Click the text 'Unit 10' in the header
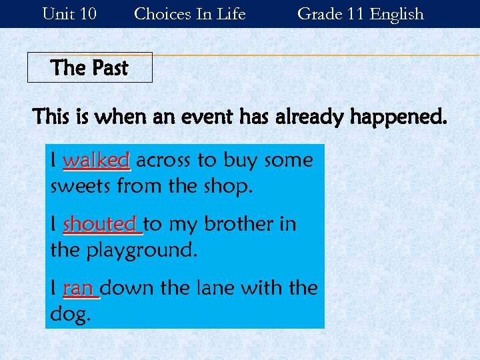click(69, 13)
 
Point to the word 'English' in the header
click(397, 13)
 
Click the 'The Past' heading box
click(89, 67)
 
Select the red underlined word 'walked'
click(96, 161)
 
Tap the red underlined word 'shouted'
click(100, 225)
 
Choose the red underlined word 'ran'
click(78, 289)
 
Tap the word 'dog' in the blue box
click(69, 315)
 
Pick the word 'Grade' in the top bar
click(317, 13)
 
